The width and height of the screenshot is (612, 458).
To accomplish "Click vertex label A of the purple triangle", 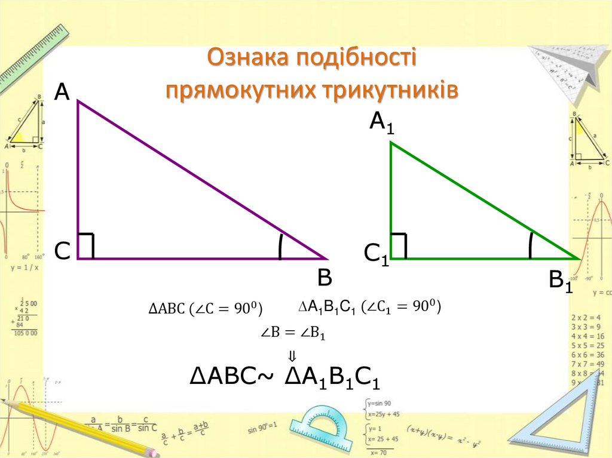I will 63,93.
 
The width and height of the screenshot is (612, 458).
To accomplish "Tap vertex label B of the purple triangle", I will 325,278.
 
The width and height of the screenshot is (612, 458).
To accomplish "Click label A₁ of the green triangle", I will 382,123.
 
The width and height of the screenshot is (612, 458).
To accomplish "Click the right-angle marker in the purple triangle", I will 87,245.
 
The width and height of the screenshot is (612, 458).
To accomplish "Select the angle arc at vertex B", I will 280,247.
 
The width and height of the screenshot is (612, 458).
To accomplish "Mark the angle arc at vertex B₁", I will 530,245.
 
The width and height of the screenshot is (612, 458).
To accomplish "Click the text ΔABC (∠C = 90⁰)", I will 206,309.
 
